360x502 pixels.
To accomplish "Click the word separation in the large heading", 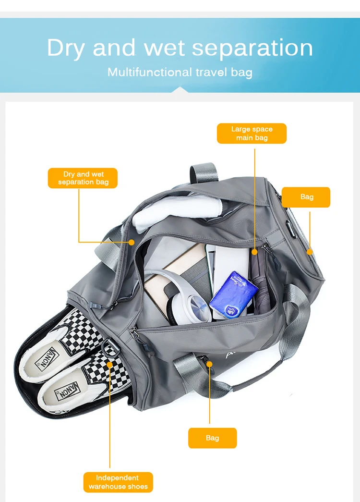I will [252, 49].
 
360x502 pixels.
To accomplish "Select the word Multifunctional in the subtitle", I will [149, 73].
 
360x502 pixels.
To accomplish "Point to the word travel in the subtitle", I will [211, 73].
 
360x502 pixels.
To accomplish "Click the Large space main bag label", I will [252, 134].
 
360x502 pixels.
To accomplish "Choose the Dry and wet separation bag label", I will [83, 178].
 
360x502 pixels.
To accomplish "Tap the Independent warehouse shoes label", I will [118, 482].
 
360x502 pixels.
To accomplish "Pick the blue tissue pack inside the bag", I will [233, 294].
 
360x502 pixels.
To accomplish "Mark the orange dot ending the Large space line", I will [254, 251].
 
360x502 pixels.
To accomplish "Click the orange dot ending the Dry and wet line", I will [132, 242].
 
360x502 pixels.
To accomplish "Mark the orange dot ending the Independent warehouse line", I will [110, 365].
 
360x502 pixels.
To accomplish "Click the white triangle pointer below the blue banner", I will [180, 89].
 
